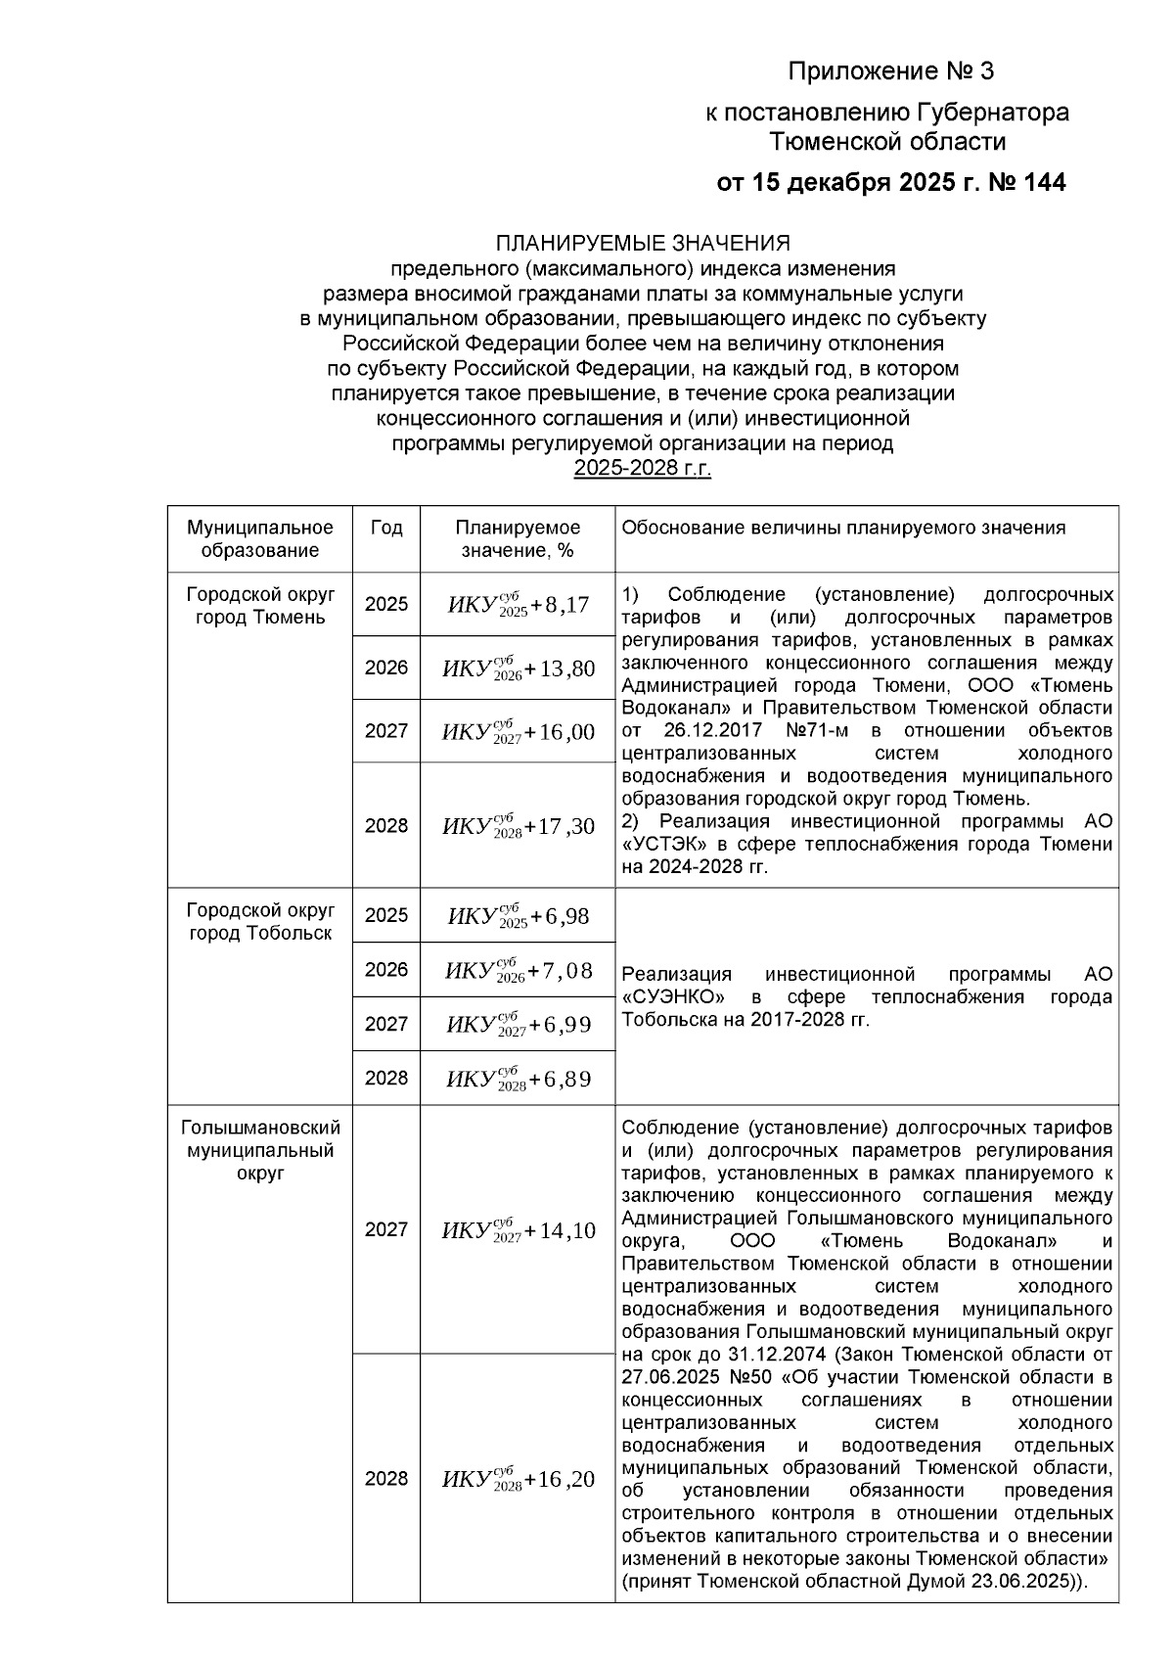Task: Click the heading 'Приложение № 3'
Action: [x=890, y=72]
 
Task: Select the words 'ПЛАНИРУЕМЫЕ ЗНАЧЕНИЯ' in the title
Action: [x=643, y=243]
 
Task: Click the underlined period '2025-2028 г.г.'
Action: [x=643, y=469]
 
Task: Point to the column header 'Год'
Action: [x=386, y=529]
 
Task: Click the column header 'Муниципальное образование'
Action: [x=260, y=539]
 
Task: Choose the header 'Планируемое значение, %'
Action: [x=518, y=539]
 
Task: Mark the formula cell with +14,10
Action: [x=518, y=1231]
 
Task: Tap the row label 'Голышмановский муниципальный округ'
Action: [x=260, y=1150]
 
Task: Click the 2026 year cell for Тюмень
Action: [x=386, y=669]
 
